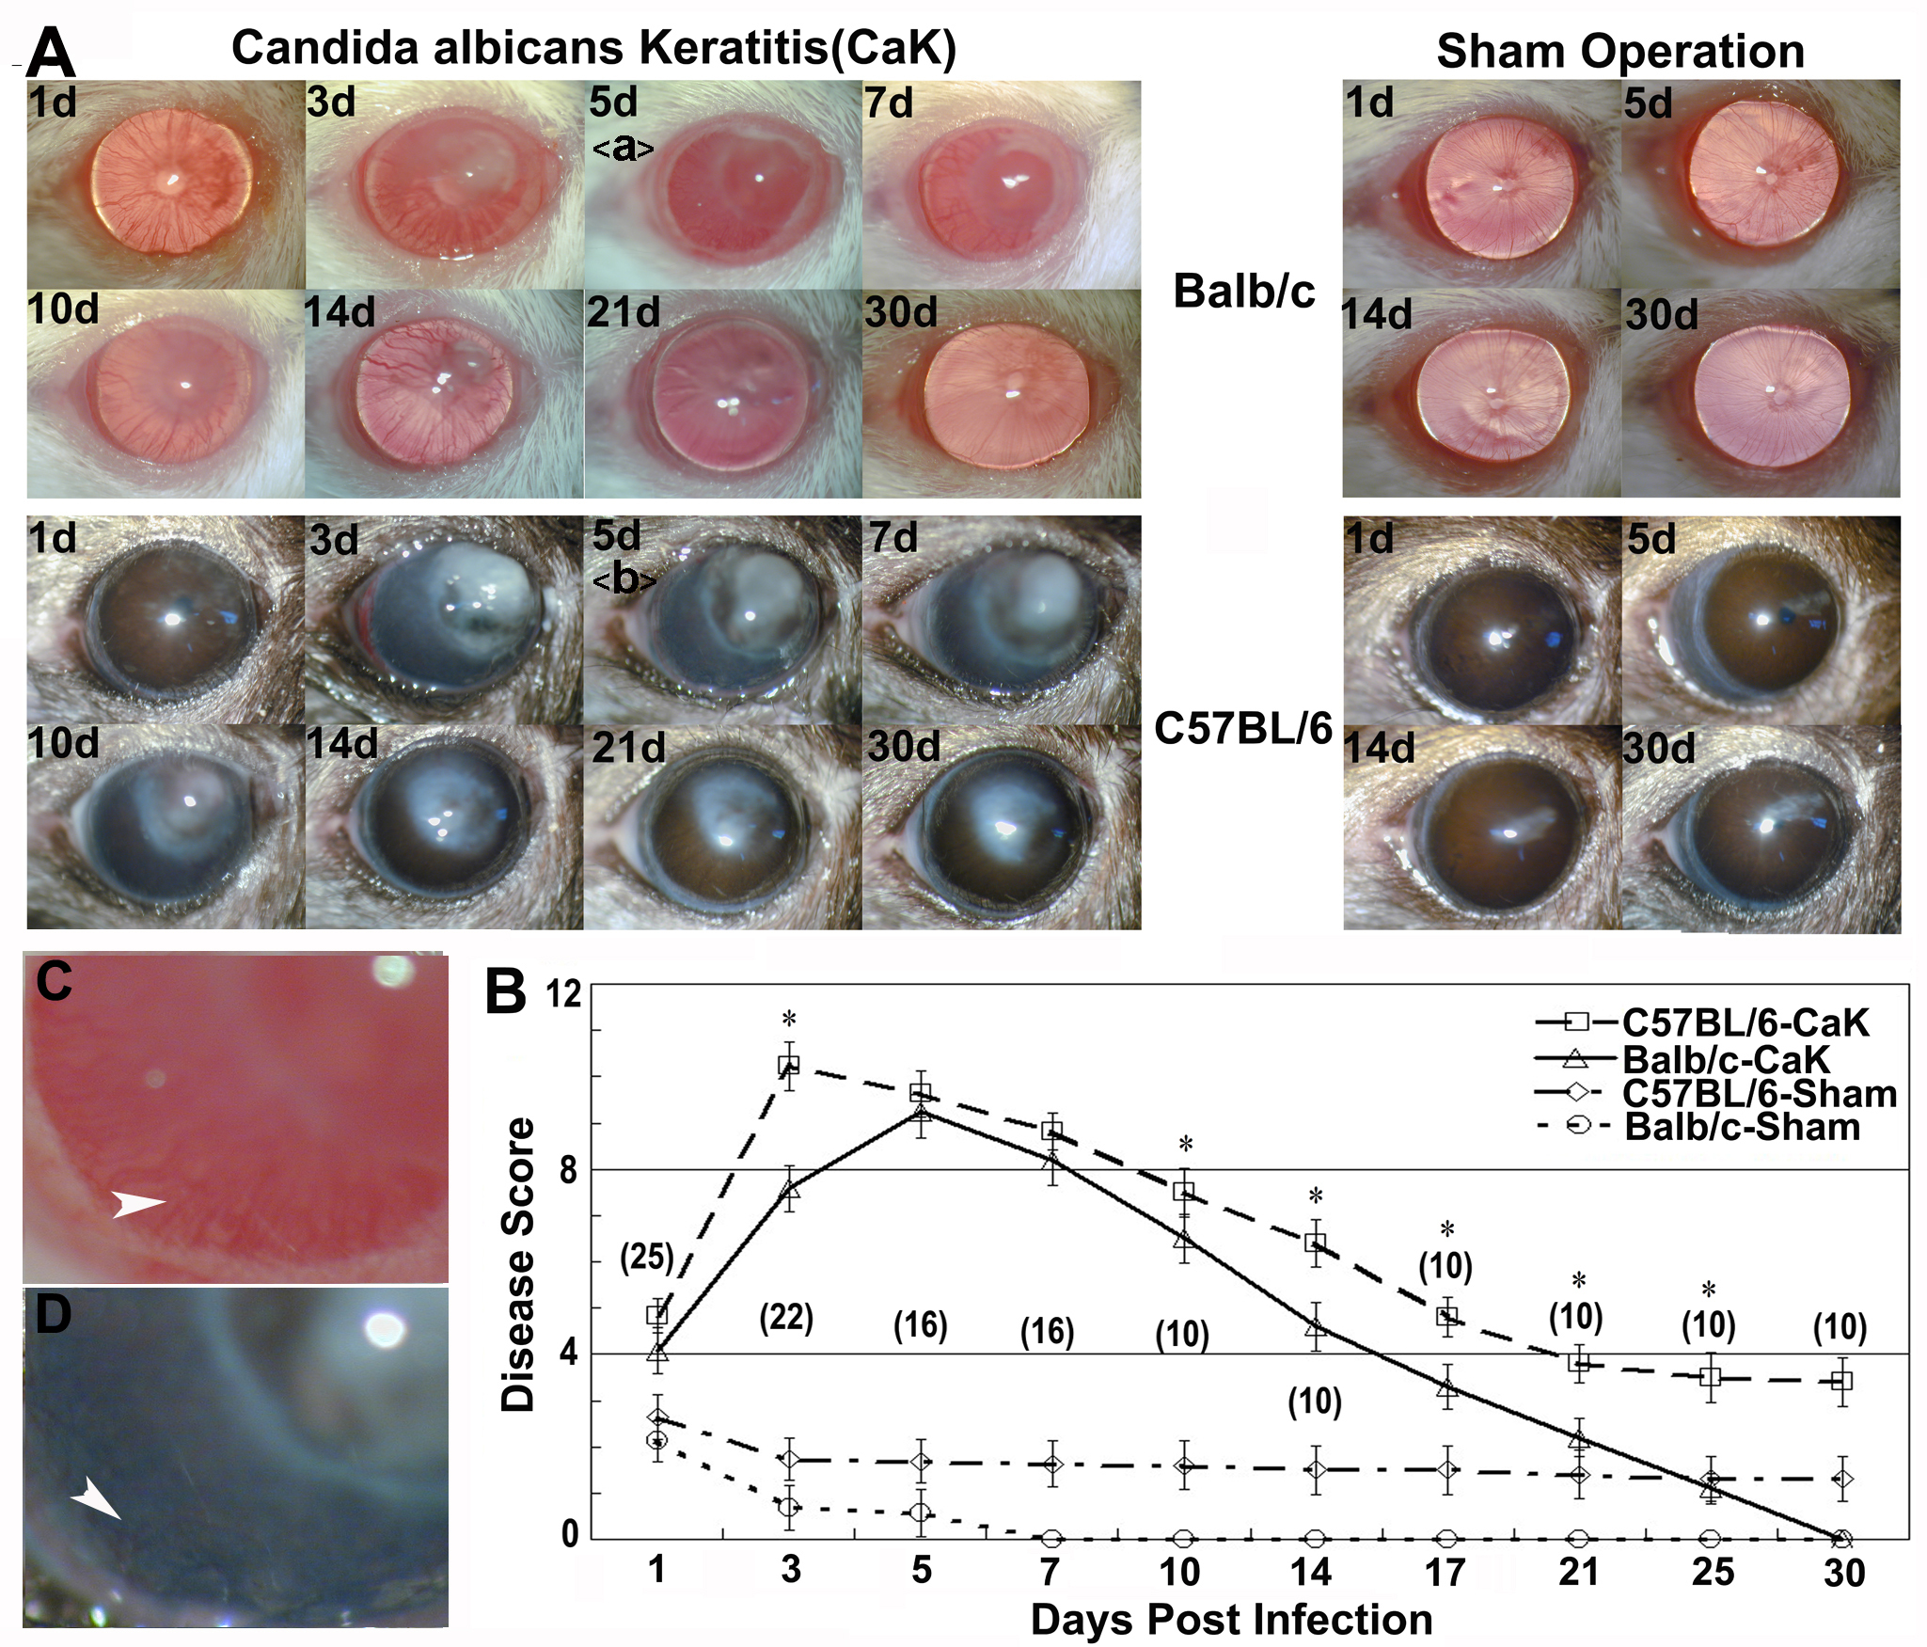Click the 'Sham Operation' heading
click(x=1619, y=51)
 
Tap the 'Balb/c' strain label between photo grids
click(x=1243, y=292)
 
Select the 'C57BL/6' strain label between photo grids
click(x=1242, y=729)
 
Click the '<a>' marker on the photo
click(x=622, y=148)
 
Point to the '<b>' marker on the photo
click(x=624, y=579)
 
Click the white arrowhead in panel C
click(x=137, y=1203)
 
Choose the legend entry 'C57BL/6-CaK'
click(x=1745, y=1022)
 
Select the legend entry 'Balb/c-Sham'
click(x=1742, y=1127)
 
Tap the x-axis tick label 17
click(x=1445, y=1572)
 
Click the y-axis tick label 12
click(x=563, y=994)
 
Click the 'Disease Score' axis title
click(x=518, y=1264)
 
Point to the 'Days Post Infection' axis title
click(x=1231, y=1620)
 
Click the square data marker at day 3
click(x=788, y=1066)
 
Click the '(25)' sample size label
click(x=647, y=1257)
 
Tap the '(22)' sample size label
click(x=786, y=1318)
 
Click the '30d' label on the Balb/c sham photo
click(x=1661, y=314)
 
